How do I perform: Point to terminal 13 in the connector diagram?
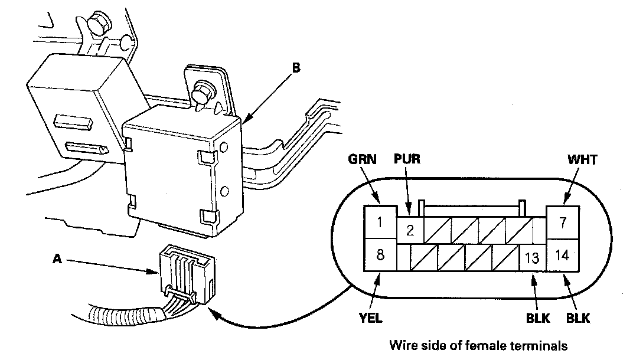532,257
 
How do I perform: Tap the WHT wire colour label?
582,159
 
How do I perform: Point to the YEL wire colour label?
370,318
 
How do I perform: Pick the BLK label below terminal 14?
578,318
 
